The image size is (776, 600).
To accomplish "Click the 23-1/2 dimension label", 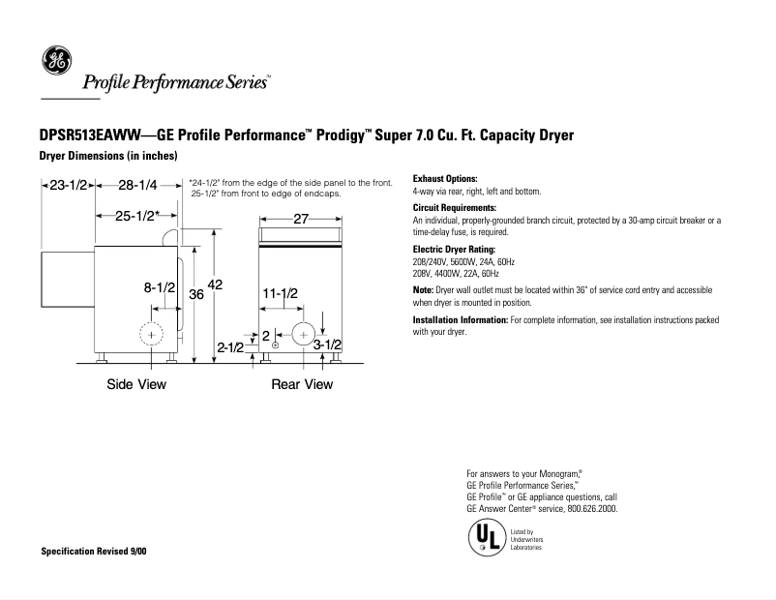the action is tap(69, 184).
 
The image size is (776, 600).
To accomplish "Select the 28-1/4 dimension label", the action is tap(137, 184).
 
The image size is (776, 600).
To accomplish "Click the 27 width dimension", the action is tap(300, 219).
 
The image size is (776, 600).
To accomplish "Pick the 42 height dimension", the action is tap(215, 285).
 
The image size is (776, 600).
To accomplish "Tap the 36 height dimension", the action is tap(194, 294).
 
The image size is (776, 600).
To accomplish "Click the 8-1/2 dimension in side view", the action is tap(159, 287).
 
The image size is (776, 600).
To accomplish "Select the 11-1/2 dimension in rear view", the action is tap(280, 292).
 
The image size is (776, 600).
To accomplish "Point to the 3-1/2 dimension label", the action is tap(328, 345).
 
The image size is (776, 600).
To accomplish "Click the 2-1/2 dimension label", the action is tap(230, 346).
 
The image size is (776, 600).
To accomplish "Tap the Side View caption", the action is tap(136, 384).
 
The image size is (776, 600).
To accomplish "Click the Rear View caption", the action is tap(302, 384).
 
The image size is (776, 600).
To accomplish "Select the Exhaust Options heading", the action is tap(445, 179).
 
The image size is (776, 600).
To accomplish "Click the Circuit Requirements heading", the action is tap(454, 208).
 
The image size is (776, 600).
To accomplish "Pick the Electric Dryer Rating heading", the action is tap(454, 249).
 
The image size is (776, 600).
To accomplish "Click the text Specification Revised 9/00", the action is tap(95, 551).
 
